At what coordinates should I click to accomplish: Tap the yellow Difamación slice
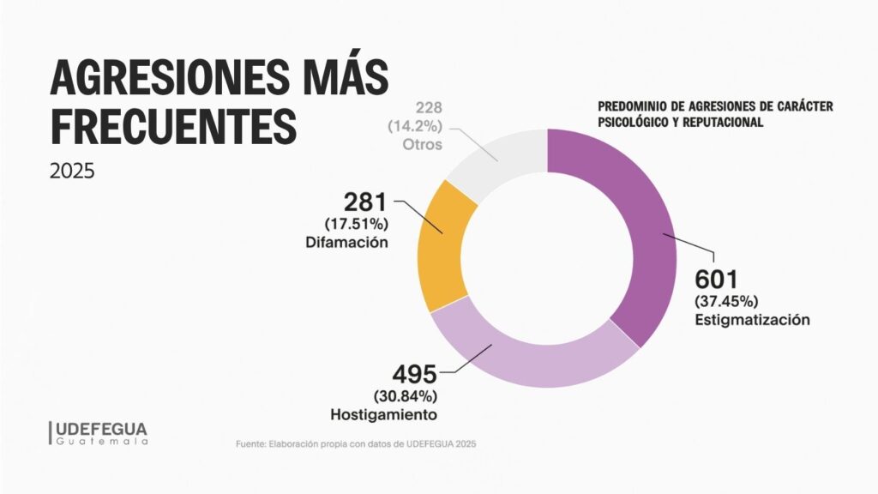pos(439,244)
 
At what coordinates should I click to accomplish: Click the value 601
pos(716,280)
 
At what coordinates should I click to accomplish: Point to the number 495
pos(414,375)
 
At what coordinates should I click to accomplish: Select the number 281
pos(366,203)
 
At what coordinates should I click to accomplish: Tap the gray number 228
pos(430,108)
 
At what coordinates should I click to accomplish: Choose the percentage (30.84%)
pos(406,395)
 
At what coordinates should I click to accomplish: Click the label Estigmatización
pos(752,320)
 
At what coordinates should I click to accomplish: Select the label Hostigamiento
pos(384,414)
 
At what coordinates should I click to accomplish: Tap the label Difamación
pos(346,242)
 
